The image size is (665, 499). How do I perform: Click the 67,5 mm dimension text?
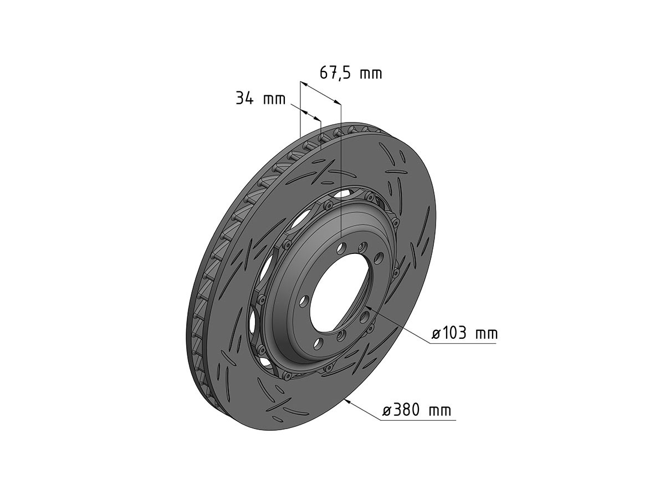[351, 73]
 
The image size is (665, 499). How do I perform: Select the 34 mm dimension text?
[260, 99]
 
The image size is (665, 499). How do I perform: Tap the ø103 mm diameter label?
[464, 334]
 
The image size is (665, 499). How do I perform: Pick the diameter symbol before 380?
[387, 411]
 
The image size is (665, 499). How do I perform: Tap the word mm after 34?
[274, 100]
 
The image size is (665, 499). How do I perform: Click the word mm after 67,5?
[370, 73]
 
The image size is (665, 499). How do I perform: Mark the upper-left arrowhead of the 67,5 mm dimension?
[303, 84]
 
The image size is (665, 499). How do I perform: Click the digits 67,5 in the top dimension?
[335, 73]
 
